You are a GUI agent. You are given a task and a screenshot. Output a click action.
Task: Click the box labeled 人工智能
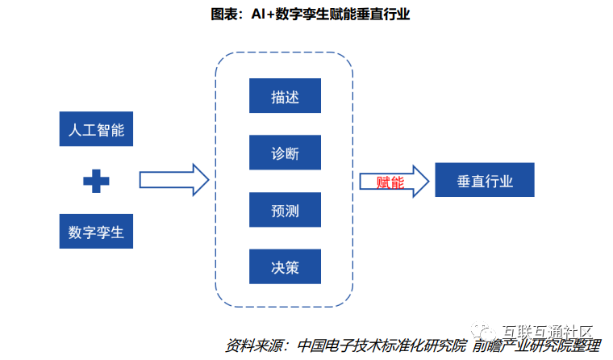click(96, 129)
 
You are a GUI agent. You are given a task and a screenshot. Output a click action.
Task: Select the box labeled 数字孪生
click(96, 232)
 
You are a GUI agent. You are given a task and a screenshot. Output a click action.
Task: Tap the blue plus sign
click(96, 182)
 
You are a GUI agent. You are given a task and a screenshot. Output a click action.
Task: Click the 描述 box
click(286, 96)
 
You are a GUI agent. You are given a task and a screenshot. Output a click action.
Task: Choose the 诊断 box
click(286, 153)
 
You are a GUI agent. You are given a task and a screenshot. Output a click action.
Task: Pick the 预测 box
click(286, 209)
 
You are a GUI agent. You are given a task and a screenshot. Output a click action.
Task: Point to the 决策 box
click(286, 267)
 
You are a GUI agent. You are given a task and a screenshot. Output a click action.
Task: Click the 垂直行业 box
click(484, 180)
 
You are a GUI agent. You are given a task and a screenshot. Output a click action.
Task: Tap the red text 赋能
click(390, 182)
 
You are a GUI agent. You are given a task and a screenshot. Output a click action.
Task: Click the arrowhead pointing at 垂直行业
click(418, 181)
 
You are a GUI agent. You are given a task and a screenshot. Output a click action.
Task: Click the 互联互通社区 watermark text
click(548, 332)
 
